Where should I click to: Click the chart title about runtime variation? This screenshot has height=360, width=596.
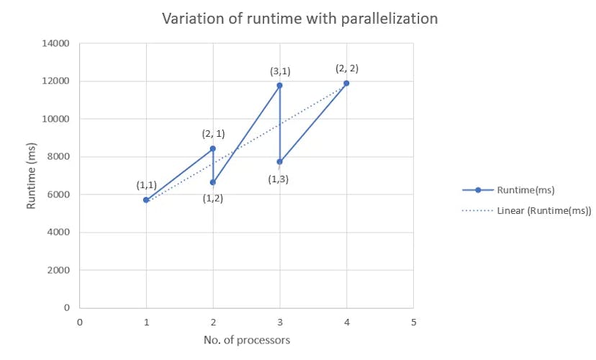[x=299, y=19]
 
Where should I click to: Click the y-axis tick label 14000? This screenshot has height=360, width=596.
[x=55, y=43]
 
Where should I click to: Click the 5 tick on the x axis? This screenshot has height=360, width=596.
[x=413, y=322]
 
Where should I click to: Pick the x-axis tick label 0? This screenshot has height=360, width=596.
[x=80, y=322]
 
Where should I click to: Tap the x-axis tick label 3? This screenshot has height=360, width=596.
[x=280, y=322]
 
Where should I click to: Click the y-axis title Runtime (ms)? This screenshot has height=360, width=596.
[x=31, y=176]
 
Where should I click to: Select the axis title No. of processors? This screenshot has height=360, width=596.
[x=247, y=340]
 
